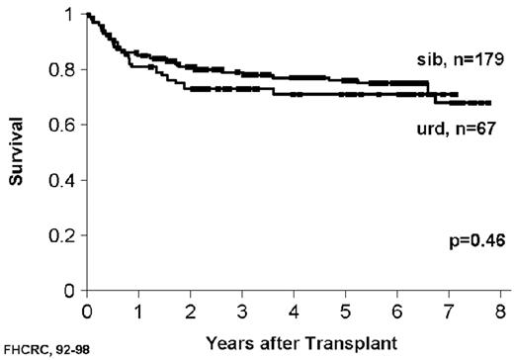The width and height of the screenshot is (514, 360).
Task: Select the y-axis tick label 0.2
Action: click(x=67, y=236)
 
